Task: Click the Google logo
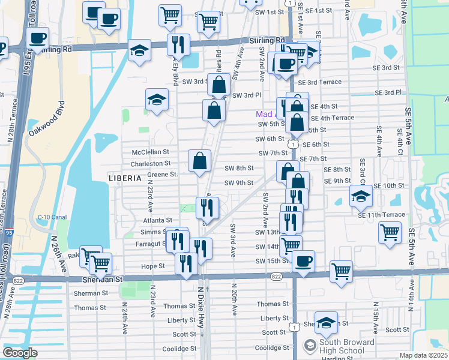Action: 20,353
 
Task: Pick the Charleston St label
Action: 151,163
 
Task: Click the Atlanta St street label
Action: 157,221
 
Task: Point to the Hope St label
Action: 153,266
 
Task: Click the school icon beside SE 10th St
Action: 360,195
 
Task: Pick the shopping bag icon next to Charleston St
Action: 200,160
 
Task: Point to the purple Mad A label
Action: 265,114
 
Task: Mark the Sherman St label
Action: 91,293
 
